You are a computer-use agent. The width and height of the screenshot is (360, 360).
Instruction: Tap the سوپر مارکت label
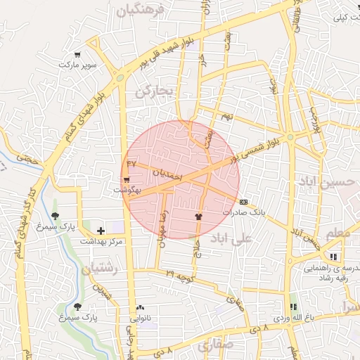click(x=77, y=65)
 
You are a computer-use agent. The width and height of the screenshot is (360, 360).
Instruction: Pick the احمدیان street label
click(x=167, y=172)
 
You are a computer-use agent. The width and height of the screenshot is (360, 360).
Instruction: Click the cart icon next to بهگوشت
click(x=127, y=180)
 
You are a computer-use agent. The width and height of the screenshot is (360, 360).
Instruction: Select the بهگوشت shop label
click(x=127, y=190)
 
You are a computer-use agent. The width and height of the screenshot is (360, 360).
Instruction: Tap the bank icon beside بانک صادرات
click(x=243, y=202)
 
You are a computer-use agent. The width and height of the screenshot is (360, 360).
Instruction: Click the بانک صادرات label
click(x=244, y=212)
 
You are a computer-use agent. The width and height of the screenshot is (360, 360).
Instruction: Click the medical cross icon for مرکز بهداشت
click(x=101, y=230)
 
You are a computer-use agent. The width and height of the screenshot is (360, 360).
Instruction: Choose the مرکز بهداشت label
click(x=101, y=241)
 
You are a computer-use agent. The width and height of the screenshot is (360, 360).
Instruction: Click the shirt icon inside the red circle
click(x=198, y=217)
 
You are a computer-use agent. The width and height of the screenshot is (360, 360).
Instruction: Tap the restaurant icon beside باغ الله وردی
click(x=293, y=307)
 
